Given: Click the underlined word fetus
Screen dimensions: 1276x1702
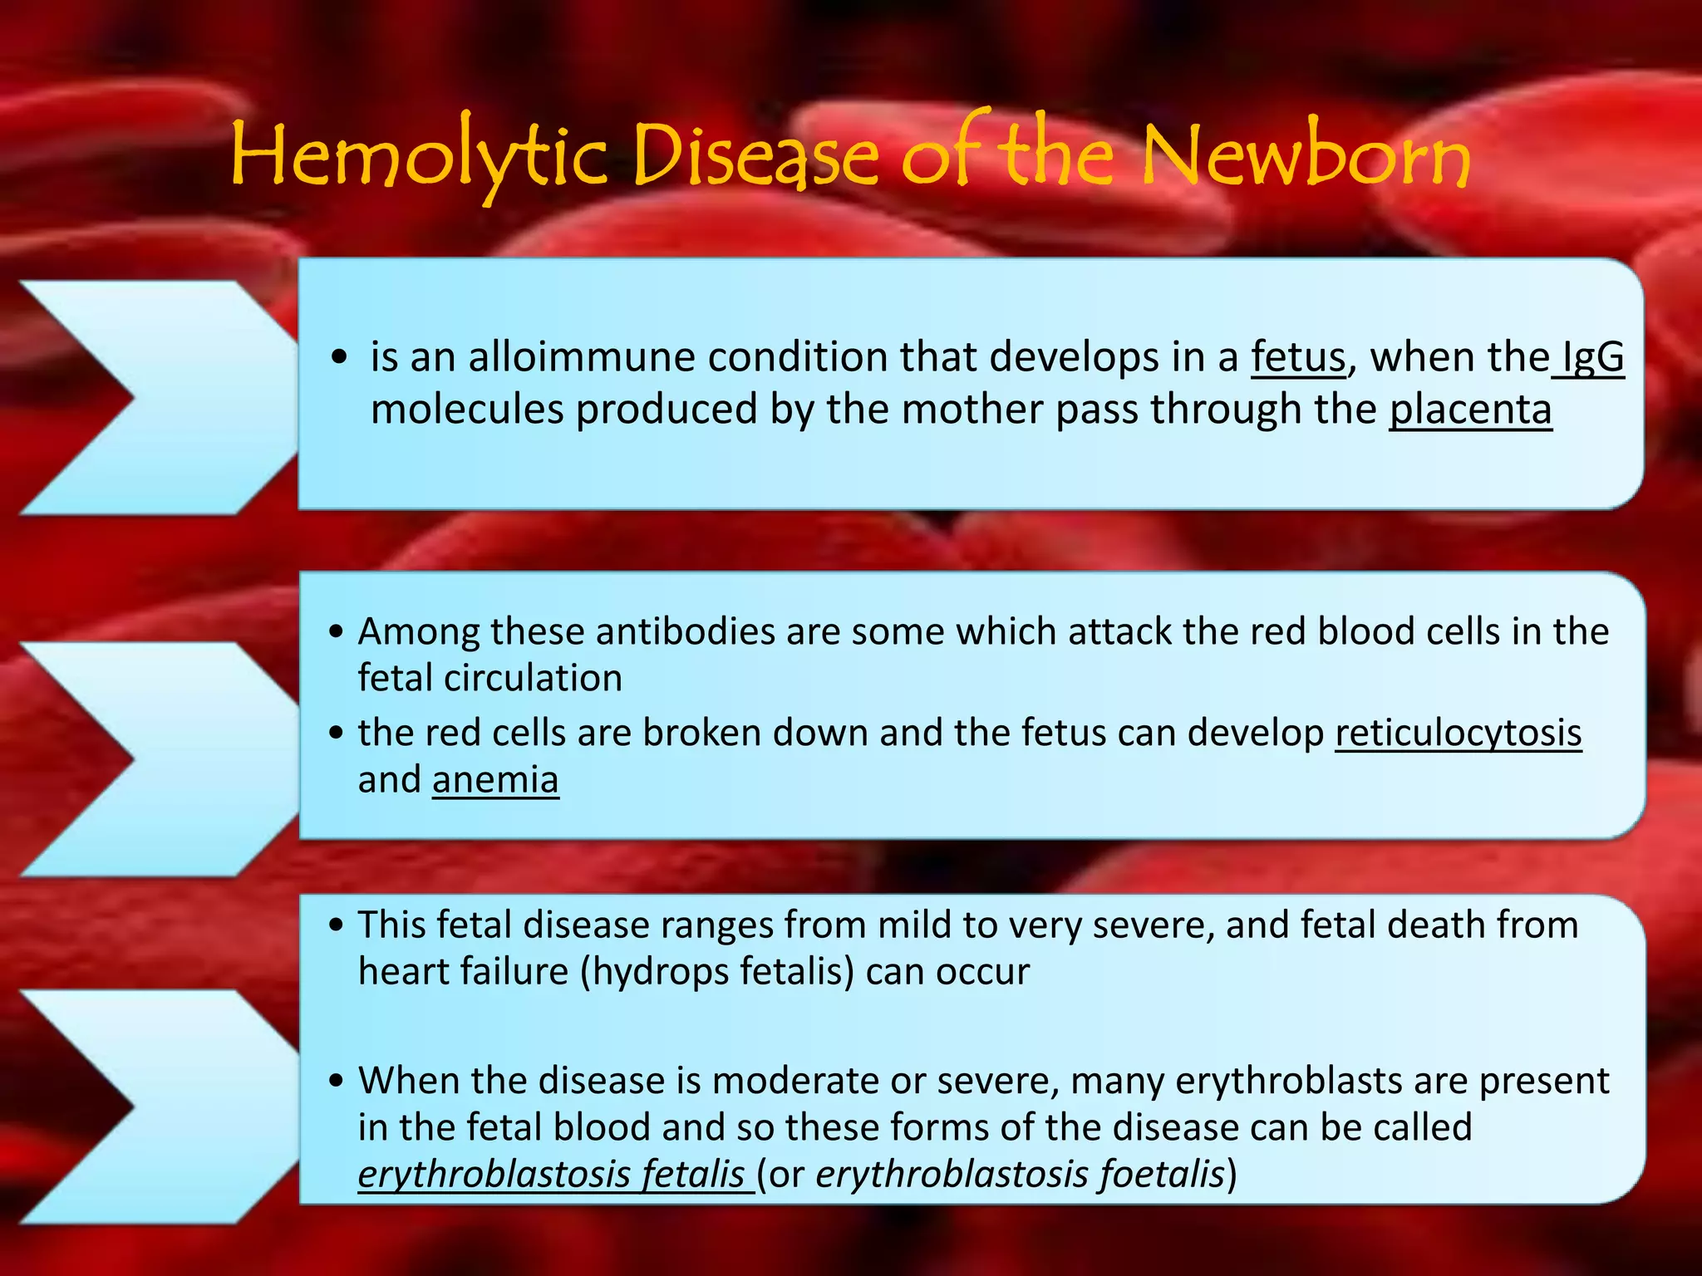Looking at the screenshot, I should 1298,357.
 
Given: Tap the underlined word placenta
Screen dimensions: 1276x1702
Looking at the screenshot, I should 1470,410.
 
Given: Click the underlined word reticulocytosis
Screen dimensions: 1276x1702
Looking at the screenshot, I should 1458,733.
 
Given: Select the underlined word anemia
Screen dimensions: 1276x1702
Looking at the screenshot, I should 495,780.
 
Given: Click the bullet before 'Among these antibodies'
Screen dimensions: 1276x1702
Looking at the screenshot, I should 336,632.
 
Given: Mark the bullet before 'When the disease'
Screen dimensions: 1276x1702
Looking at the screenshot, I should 336,1081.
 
